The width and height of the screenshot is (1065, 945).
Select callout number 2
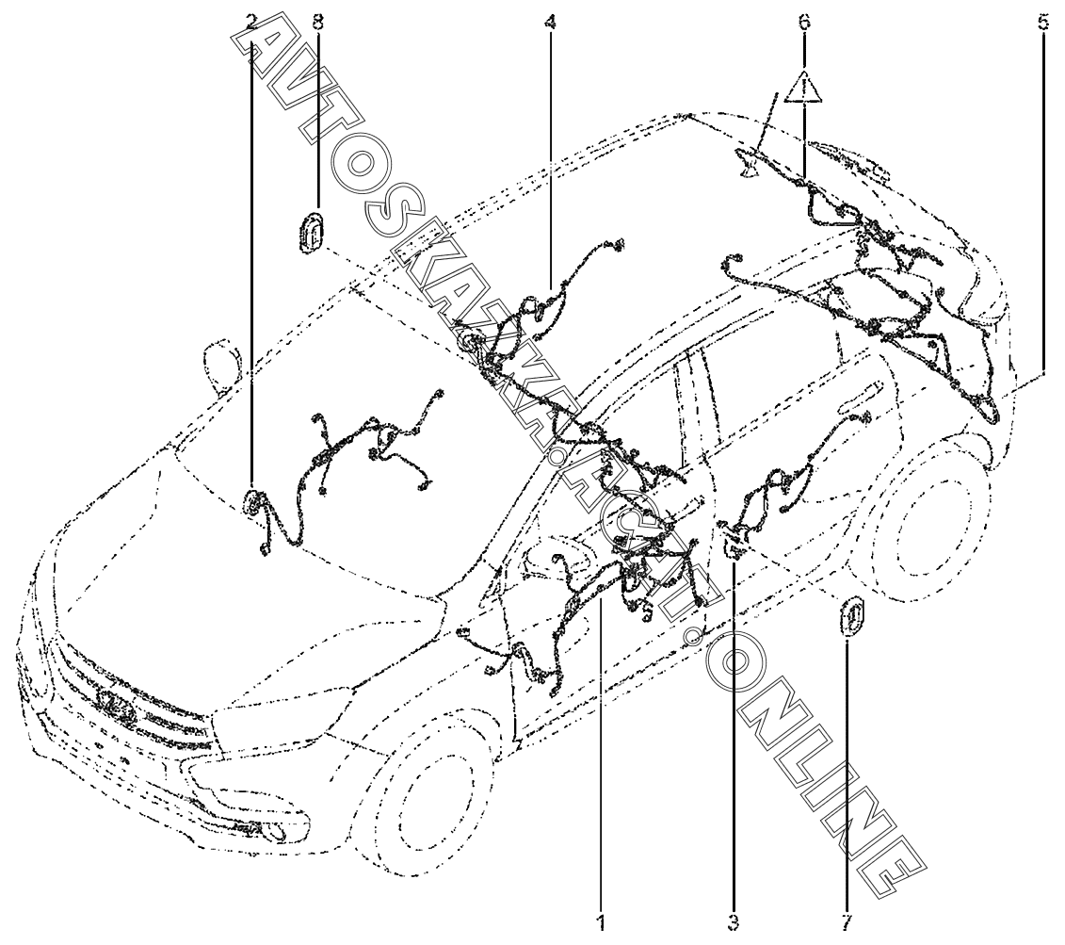tap(251, 21)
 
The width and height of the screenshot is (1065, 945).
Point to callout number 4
tap(550, 21)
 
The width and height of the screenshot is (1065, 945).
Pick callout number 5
tap(1043, 21)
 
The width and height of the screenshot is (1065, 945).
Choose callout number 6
tap(804, 21)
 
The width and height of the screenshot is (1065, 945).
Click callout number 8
tap(317, 21)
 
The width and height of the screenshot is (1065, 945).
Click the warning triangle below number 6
tap(804, 89)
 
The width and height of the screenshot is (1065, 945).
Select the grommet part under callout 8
tap(310, 233)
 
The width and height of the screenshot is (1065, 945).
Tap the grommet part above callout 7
tap(851, 619)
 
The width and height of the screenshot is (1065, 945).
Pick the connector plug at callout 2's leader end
tap(252, 501)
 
